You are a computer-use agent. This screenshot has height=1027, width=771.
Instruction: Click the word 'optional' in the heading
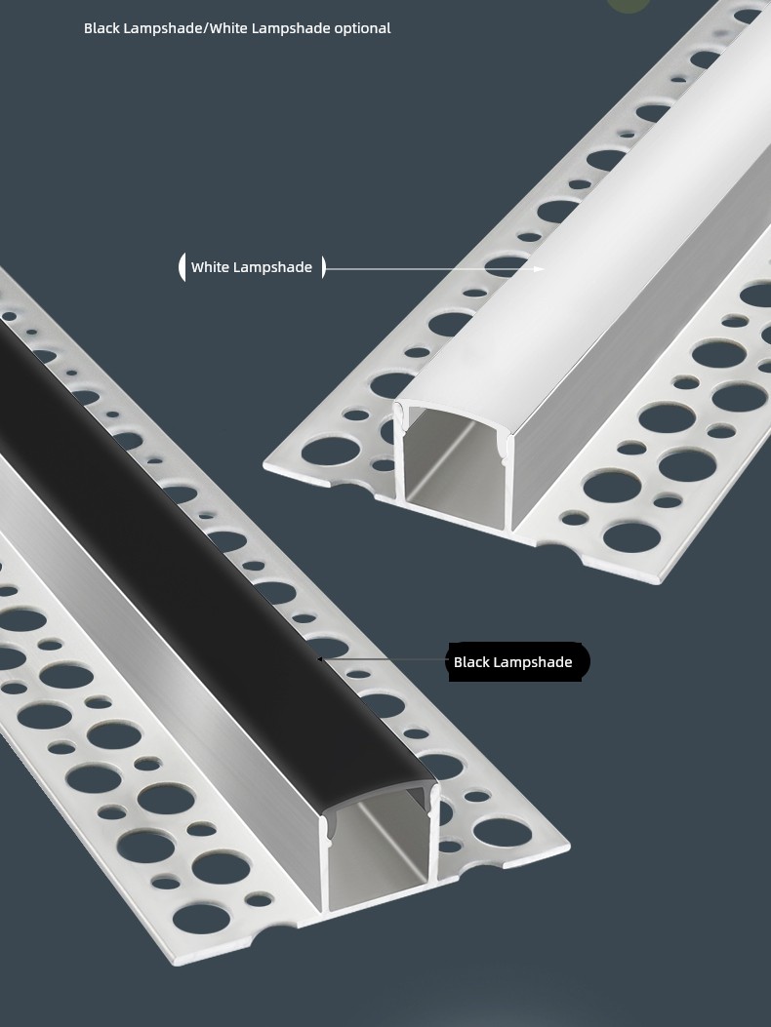(362, 28)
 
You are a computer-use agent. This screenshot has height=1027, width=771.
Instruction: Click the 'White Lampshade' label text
(252, 267)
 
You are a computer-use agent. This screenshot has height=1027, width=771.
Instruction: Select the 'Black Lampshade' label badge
(518, 661)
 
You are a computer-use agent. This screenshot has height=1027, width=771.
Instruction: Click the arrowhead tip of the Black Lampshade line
(319, 659)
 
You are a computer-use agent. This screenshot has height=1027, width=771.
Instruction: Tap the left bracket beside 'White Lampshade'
(182, 267)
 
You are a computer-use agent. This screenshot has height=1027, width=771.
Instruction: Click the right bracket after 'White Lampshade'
(323, 267)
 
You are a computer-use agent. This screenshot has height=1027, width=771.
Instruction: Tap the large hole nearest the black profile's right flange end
(501, 831)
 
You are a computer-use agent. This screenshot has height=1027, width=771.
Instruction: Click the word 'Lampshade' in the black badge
(533, 662)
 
